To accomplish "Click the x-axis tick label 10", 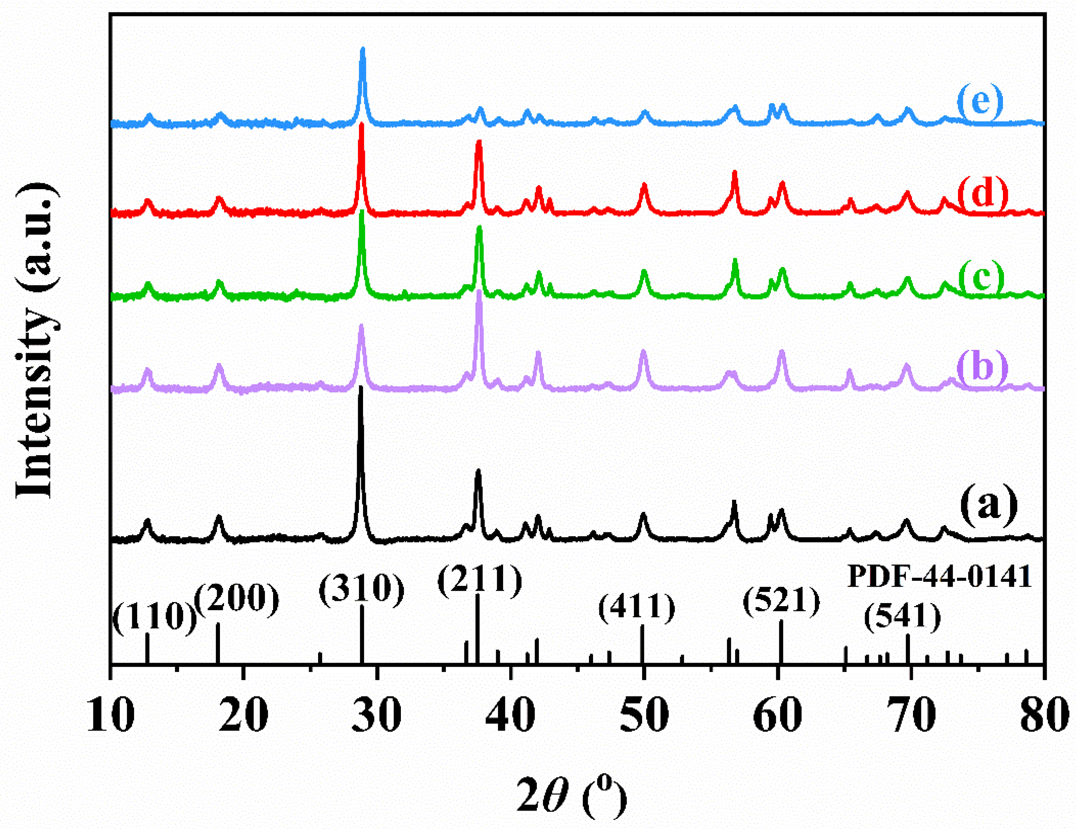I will pos(111,715).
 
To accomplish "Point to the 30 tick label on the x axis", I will pos(377,715).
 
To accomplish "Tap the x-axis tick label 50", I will pos(643,715).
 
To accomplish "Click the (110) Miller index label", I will pos(155,617).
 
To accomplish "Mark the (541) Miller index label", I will pos(903,617).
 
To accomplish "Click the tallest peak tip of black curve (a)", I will pos(361,388).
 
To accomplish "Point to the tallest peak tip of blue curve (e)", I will pos(363,49).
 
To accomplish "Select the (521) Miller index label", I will pos(782,602).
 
